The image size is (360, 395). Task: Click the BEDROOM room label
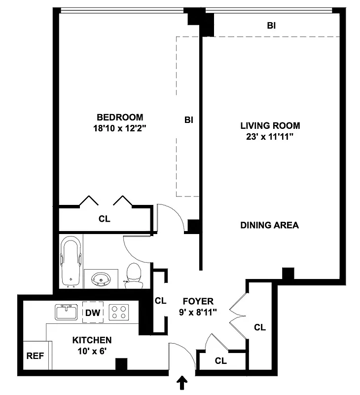tap(120, 117)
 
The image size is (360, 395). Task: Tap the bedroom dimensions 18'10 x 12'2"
tap(120, 128)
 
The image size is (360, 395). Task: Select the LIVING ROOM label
tap(270, 126)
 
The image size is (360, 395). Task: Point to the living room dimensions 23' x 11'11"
tap(270, 137)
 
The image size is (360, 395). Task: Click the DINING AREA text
tap(269, 225)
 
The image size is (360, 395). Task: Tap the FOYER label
tap(198, 301)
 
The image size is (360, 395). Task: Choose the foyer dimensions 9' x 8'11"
tap(198, 312)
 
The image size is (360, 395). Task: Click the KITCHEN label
tap(92, 340)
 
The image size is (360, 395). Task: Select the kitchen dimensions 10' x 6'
tap(92, 351)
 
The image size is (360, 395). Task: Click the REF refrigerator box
tap(34, 355)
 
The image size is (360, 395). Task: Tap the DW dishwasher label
tap(93, 312)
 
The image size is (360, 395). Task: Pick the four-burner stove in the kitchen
tap(118, 312)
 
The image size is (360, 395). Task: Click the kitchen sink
tap(66, 312)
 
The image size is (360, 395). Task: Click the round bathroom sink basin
tap(101, 279)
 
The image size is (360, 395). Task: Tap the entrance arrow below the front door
tap(182, 383)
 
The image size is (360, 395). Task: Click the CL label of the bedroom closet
tap(104, 219)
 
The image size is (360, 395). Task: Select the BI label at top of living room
tap(271, 26)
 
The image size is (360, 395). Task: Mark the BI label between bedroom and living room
tap(188, 120)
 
